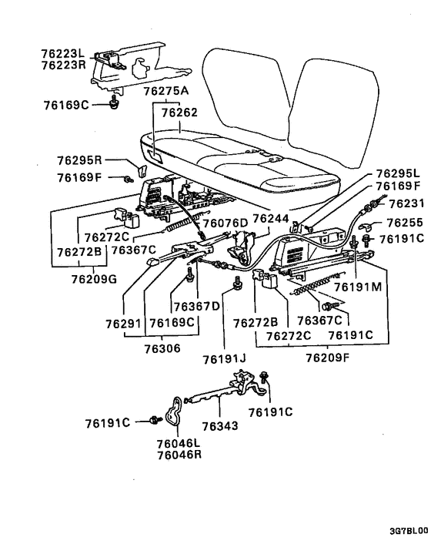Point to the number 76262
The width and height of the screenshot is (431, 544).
click(179, 112)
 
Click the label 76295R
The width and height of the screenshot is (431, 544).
click(80, 161)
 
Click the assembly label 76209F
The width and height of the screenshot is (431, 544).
click(327, 358)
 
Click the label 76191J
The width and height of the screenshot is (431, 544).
click(223, 359)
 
